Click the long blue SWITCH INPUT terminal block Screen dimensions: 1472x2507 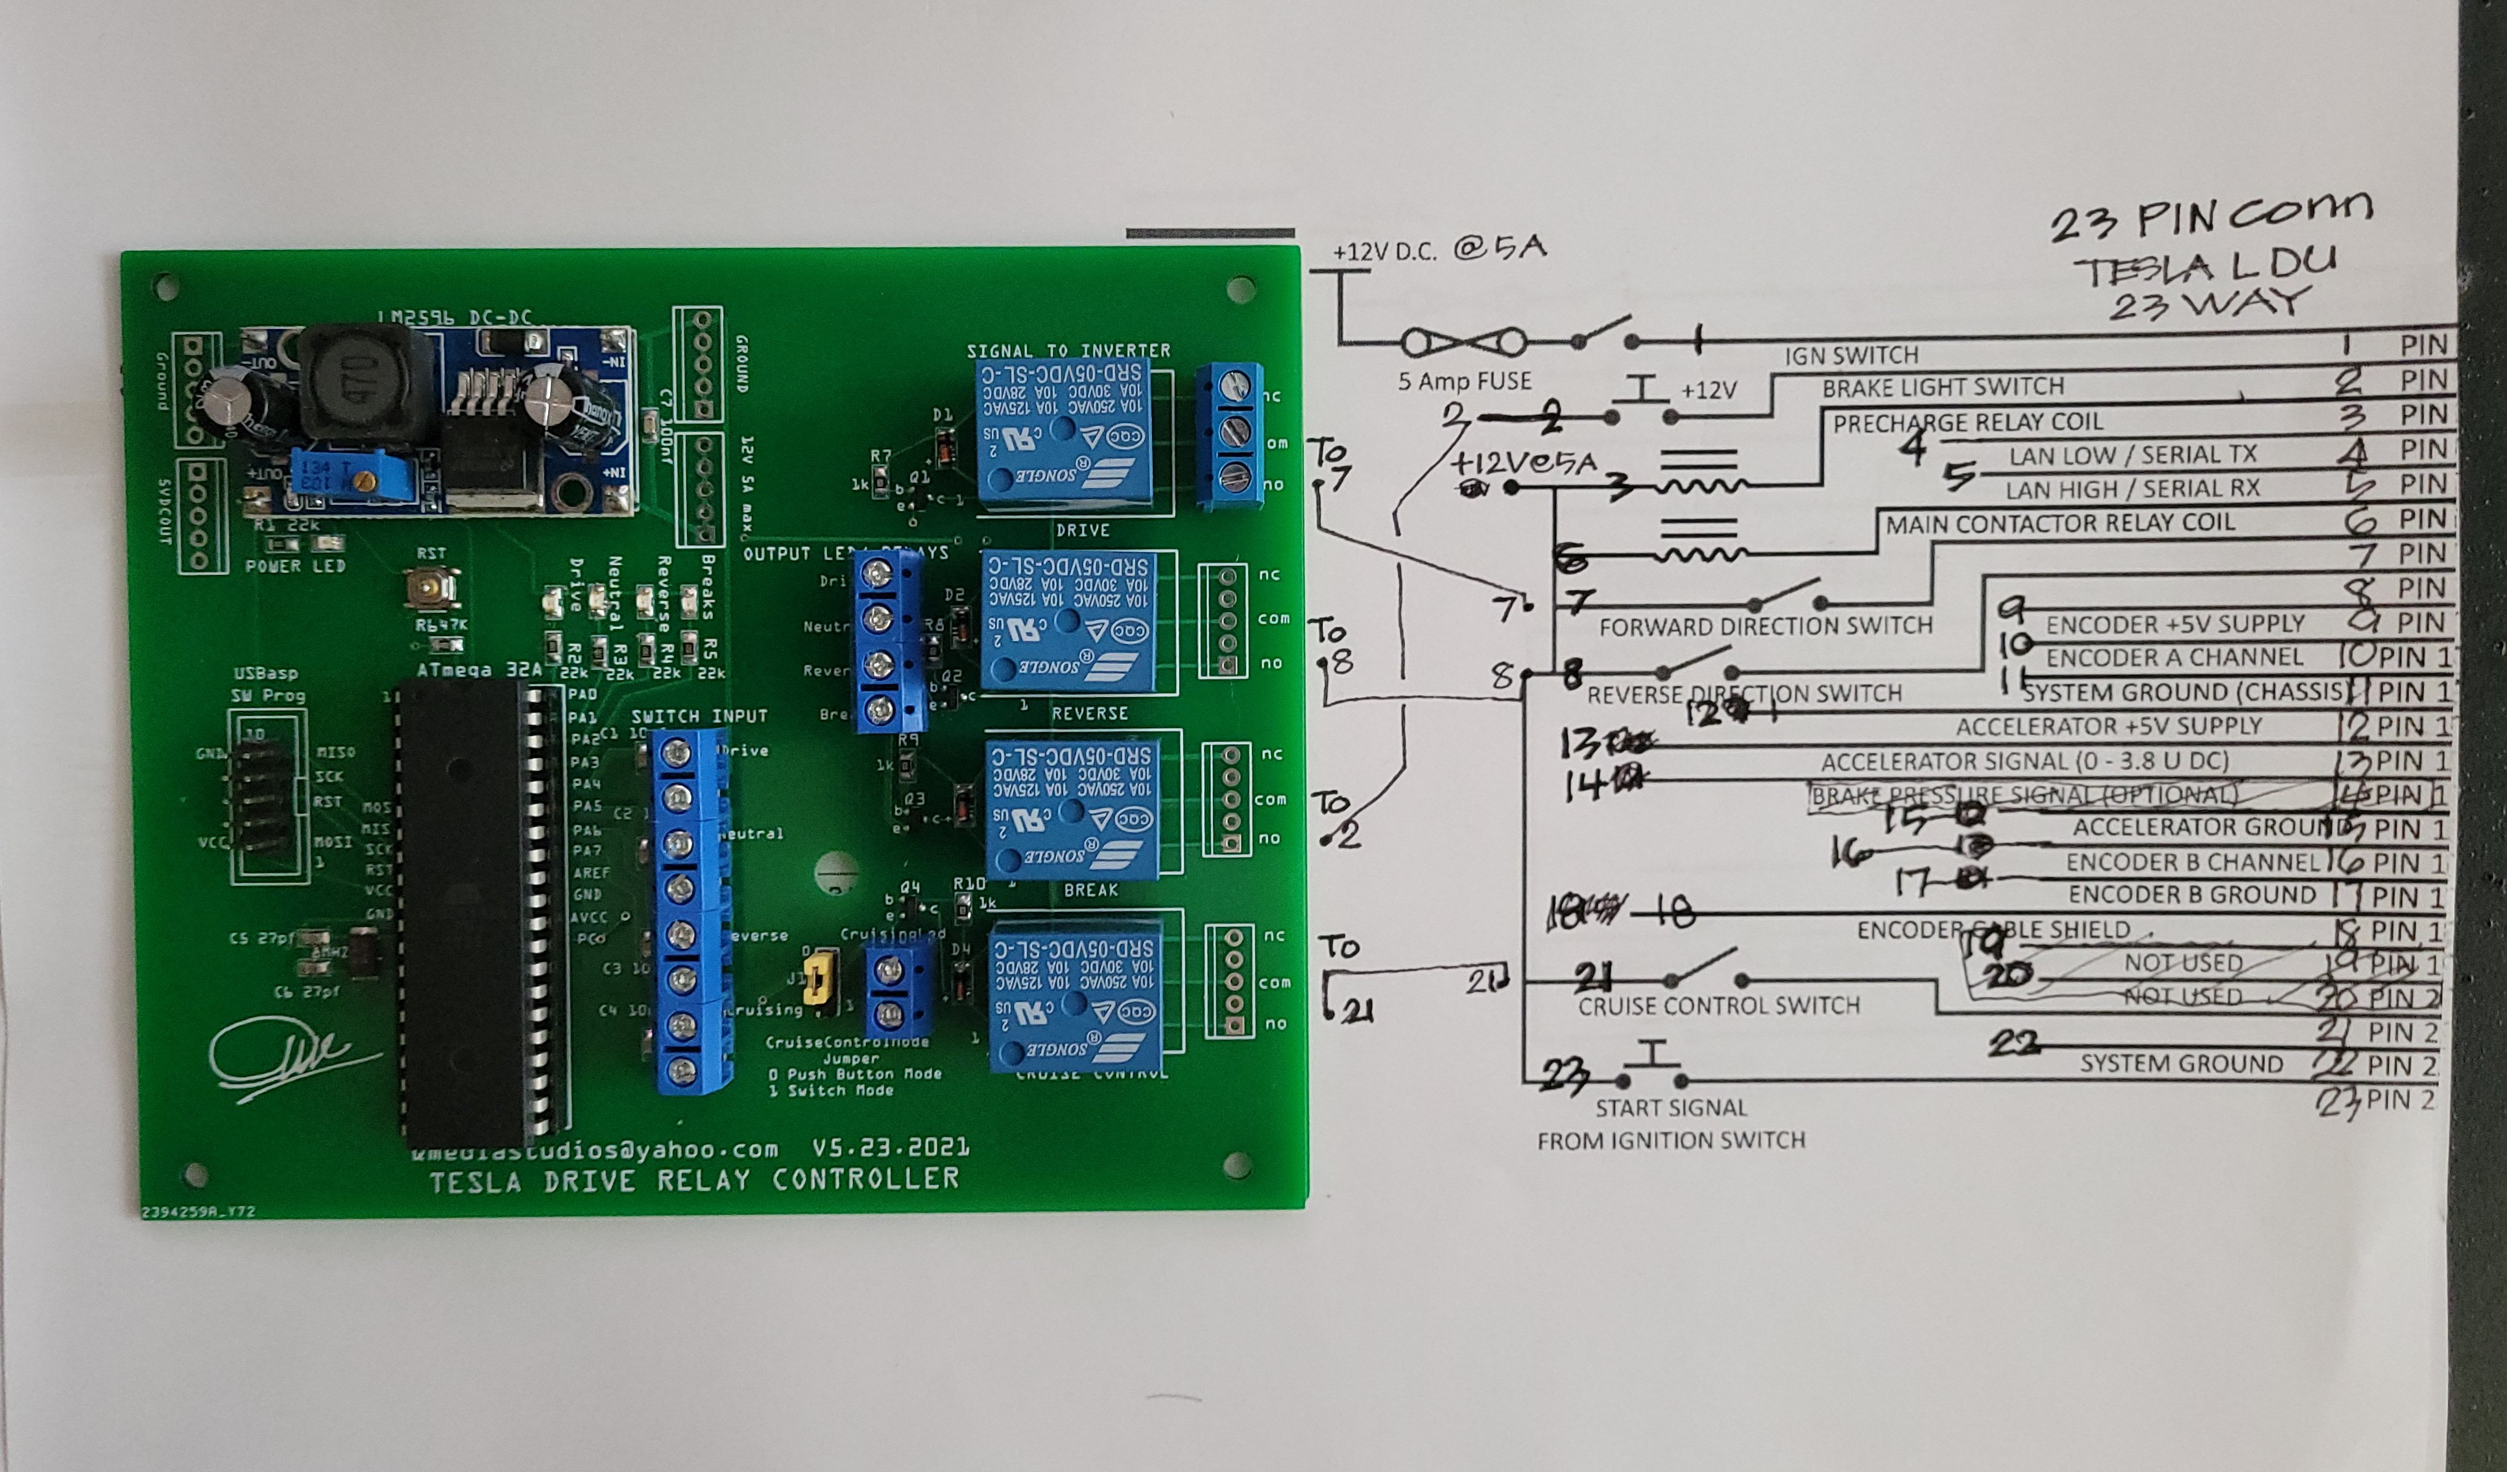click(x=686, y=911)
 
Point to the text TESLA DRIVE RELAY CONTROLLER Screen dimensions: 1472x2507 click(x=693, y=1181)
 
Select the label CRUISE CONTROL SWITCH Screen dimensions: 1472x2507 click(x=1718, y=1005)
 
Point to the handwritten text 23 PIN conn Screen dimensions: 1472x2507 click(x=2211, y=215)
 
